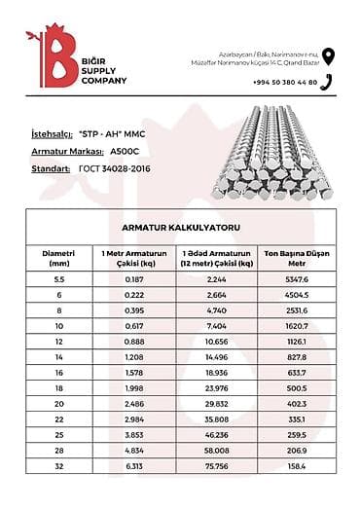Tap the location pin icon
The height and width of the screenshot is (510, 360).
[x=328, y=55]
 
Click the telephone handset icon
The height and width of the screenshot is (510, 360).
[x=329, y=82]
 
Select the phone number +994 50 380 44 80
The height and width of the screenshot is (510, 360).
[x=285, y=83]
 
